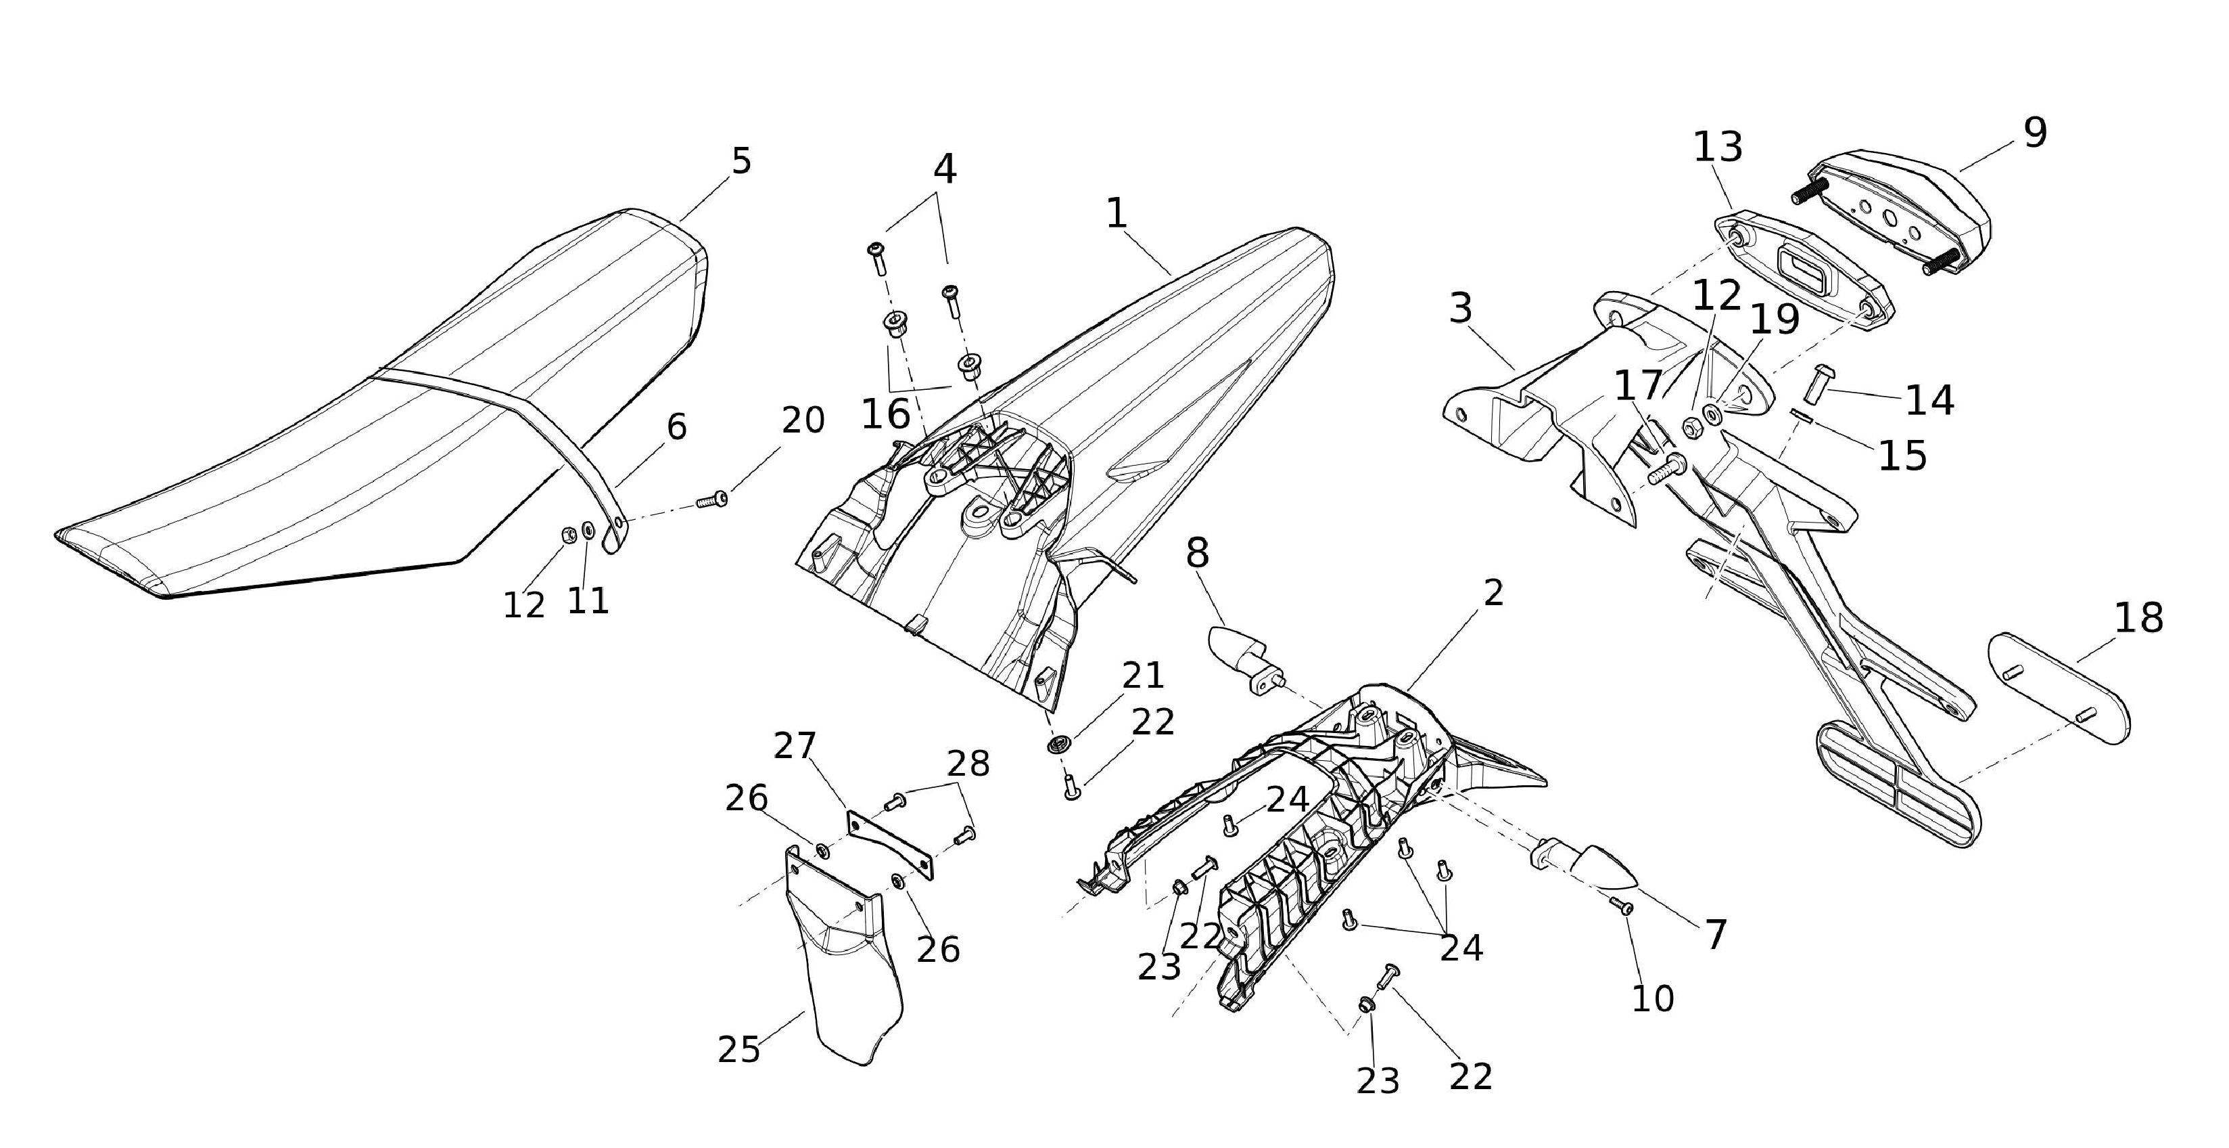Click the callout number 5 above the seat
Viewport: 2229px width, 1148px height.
click(x=742, y=161)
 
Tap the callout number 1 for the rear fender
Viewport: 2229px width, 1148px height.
click(x=1117, y=213)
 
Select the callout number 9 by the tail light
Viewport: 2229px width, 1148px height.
click(x=2035, y=133)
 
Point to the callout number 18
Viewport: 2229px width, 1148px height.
click(x=2138, y=618)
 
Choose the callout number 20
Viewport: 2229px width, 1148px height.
click(x=803, y=421)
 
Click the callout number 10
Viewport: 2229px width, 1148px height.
click(x=1653, y=999)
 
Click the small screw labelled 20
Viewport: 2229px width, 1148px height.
click(x=712, y=500)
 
